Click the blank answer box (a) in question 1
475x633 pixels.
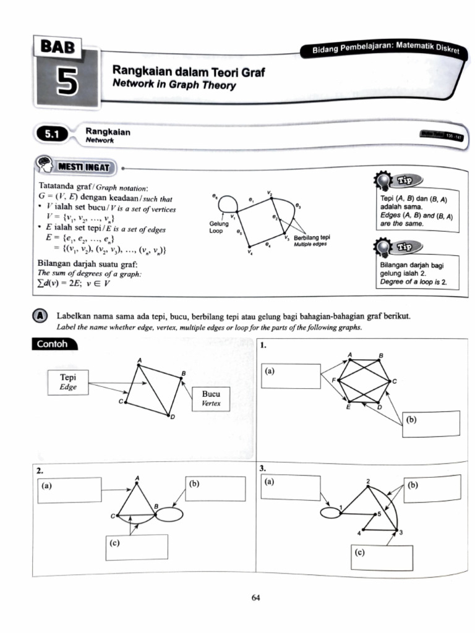[291, 376]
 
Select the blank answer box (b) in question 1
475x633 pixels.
[431, 423]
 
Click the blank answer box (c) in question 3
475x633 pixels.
[382, 557]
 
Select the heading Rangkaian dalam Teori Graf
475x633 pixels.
[188, 73]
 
